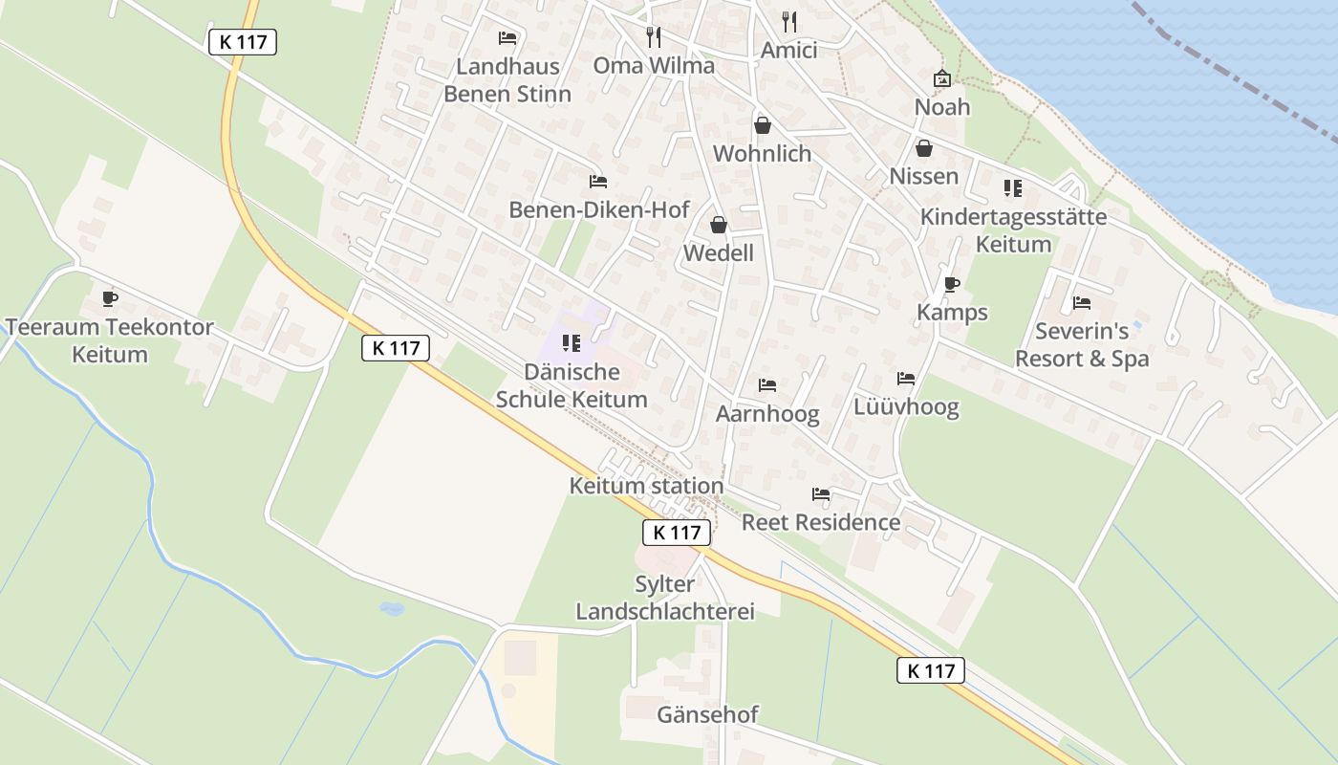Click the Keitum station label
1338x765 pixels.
coord(646,486)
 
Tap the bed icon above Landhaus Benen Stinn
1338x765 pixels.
coord(507,38)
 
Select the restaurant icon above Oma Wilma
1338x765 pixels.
coord(654,37)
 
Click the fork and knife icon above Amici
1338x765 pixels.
coord(789,22)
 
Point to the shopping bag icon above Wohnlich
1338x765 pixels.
coord(763,125)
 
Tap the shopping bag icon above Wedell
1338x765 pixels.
coord(718,225)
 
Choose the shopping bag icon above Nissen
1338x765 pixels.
coord(923,148)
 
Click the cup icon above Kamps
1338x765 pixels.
coord(951,284)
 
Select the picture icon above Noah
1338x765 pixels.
coord(942,78)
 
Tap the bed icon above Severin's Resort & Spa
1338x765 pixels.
coord(1082,303)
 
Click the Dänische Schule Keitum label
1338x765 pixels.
coord(572,385)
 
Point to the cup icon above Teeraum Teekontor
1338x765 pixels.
coord(110,298)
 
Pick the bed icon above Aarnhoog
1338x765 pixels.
coord(766,385)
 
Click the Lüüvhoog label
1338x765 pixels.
coord(906,408)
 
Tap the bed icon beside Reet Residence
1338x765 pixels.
coord(821,494)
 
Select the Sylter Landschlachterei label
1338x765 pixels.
coord(665,598)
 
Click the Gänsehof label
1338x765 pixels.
coord(707,714)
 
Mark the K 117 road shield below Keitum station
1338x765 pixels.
coord(678,533)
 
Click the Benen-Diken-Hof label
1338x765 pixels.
coord(598,209)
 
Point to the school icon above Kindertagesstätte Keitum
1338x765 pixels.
coord(1012,188)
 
